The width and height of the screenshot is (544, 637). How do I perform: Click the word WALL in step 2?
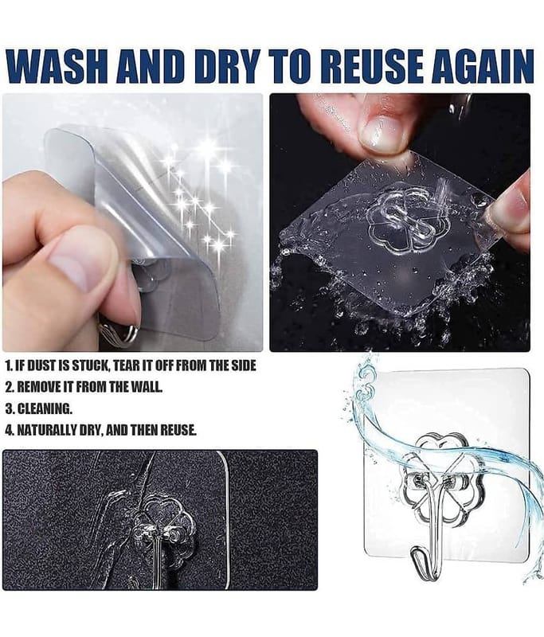(x=147, y=387)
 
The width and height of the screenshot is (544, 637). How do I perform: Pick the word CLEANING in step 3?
(x=45, y=408)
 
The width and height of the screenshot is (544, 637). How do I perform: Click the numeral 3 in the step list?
(x=9, y=408)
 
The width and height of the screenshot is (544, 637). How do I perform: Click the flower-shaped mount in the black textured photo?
(x=164, y=523)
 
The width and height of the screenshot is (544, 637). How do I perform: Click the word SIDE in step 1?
(x=243, y=365)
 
